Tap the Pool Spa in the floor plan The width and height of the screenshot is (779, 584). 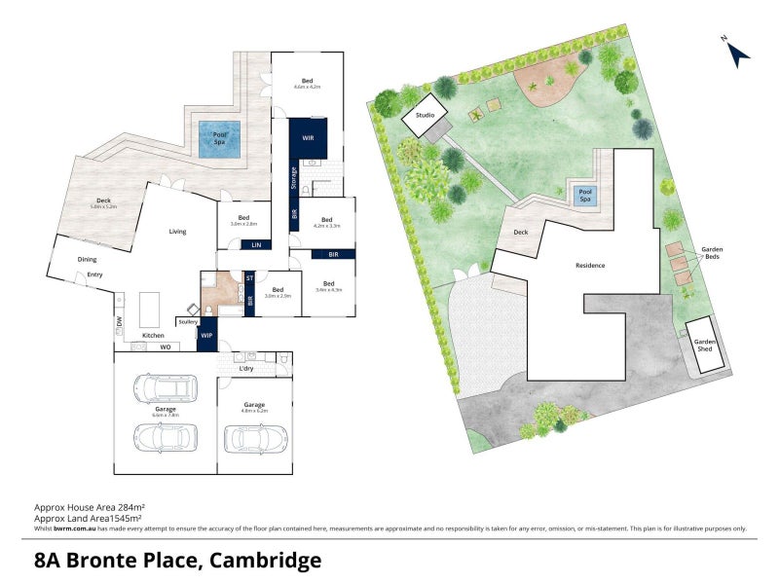[x=220, y=140]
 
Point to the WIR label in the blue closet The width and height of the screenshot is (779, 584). [x=308, y=138]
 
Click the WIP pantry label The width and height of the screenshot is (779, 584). [x=205, y=337]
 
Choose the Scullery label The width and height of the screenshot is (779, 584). [x=188, y=321]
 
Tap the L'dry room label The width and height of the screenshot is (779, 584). [x=247, y=369]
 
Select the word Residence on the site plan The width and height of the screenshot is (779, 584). [x=590, y=266]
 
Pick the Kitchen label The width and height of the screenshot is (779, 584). [x=154, y=335]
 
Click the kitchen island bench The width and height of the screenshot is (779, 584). [x=149, y=310]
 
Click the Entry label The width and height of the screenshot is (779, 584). [x=94, y=274]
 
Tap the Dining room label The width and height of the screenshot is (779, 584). [x=88, y=259]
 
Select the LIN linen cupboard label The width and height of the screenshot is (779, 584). [x=256, y=244]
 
